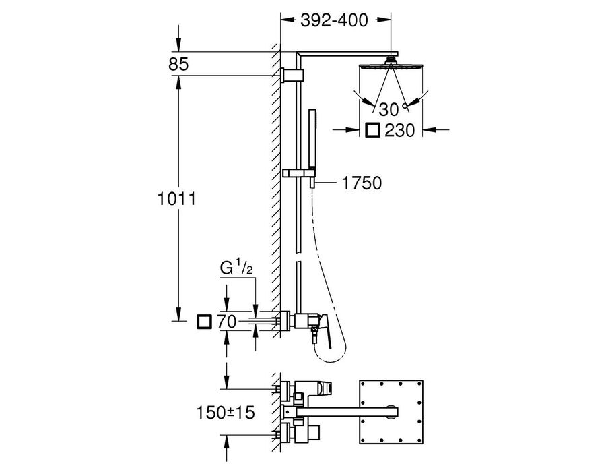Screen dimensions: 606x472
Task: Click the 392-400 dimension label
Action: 334,20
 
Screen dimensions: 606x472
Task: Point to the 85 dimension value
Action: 178,64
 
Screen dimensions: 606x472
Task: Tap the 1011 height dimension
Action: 176,199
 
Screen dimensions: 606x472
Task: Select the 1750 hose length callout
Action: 362,183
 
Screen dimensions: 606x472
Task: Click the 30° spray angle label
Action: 393,109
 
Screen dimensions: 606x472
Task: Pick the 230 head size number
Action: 399,130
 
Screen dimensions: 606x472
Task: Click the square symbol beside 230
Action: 372,130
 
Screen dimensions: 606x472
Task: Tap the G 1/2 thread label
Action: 236,268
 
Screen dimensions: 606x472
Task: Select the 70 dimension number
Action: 226,322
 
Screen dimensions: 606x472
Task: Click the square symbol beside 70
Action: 204,322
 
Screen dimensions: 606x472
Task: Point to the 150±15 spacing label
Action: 226,413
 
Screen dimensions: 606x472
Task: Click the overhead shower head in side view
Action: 391,64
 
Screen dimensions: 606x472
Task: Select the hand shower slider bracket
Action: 300,173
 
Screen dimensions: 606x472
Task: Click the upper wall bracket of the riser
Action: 293,75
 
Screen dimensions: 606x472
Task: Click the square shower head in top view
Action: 391,411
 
